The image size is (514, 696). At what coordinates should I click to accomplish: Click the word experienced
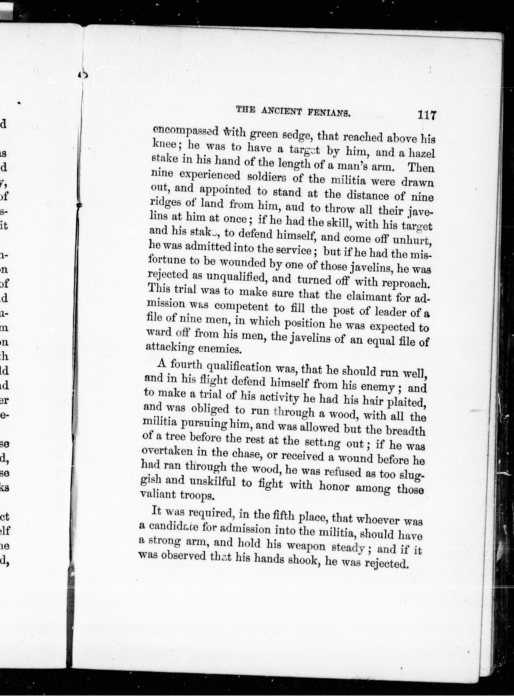pos(210,176)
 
